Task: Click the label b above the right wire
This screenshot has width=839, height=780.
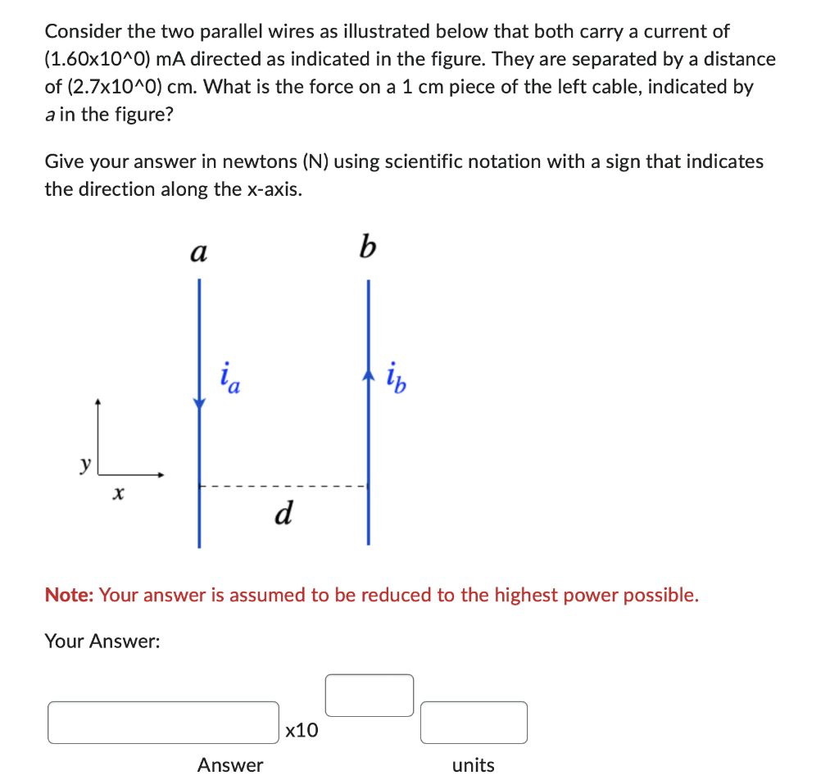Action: (x=367, y=247)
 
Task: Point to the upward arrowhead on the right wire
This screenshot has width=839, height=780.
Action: (x=368, y=375)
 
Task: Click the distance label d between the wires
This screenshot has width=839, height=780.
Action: (x=283, y=514)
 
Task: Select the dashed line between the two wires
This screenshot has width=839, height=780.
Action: (x=283, y=487)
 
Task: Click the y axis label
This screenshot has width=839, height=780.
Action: (x=84, y=465)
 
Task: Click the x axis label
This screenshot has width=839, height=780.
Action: (x=120, y=493)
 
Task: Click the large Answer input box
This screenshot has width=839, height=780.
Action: (x=163, y=722)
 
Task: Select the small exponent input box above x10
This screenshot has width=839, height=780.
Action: (x=370, y=695)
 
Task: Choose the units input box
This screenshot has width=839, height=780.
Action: (x=474, y=722)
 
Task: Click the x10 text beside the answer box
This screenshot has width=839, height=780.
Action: (x=302, y=730)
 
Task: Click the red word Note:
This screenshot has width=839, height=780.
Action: (x=70, y=595)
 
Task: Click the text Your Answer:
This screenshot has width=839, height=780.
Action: (x=102, y=641)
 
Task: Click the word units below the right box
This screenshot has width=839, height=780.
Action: (x=474, y=765)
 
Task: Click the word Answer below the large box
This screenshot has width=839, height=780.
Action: (x=230, y=765)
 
